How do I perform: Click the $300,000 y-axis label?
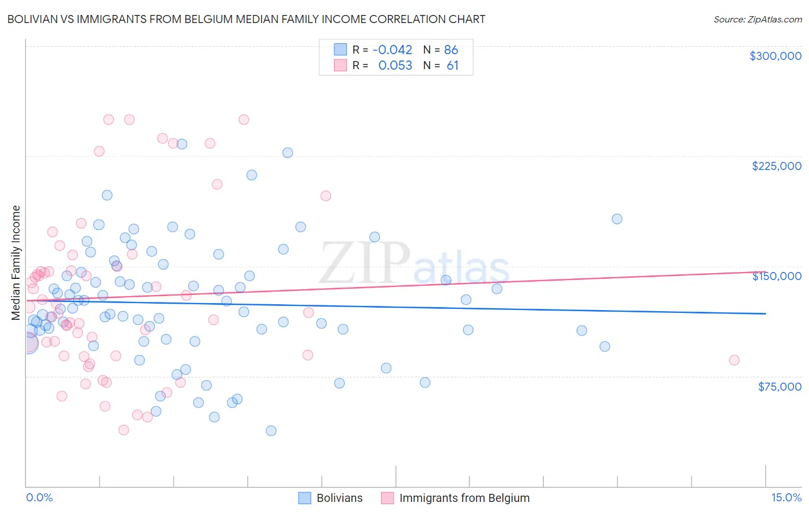pos(775,56)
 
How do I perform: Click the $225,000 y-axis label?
pos(776,166)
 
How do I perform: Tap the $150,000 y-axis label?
pos(776,276)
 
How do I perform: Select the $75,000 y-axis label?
pos(780,386)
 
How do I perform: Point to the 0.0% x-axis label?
pos(39,498)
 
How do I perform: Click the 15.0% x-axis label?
pos(786,498)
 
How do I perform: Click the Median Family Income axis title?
pos(16,263)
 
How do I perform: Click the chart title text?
pos(246,19)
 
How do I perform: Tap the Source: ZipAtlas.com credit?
pos(757,19)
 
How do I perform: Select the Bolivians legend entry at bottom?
pos(331,498)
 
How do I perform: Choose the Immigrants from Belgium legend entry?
pos(455,498)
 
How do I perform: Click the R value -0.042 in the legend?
pos(392,50)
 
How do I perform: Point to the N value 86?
pos(451,50)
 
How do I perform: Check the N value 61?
pos(452,66)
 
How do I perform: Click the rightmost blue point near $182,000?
pos(617,219)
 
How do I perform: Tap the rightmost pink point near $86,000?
pos(734,360)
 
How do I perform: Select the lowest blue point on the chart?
pos(271,430)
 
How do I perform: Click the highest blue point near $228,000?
pos(288,153)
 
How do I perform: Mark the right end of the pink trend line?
pos(765,271)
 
